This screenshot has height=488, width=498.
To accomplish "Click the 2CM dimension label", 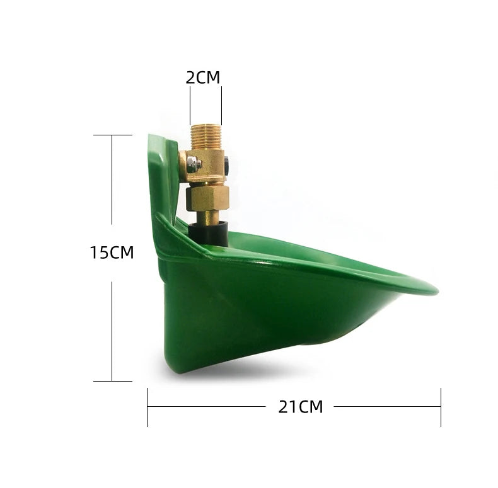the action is click(202, 77).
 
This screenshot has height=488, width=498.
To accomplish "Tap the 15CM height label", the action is click(112, 253).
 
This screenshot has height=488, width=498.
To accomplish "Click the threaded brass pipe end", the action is click(206, 137).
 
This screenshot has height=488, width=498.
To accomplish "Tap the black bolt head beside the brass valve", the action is click(226, 165).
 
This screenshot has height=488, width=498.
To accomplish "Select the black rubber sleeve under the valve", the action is click(209, 234).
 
